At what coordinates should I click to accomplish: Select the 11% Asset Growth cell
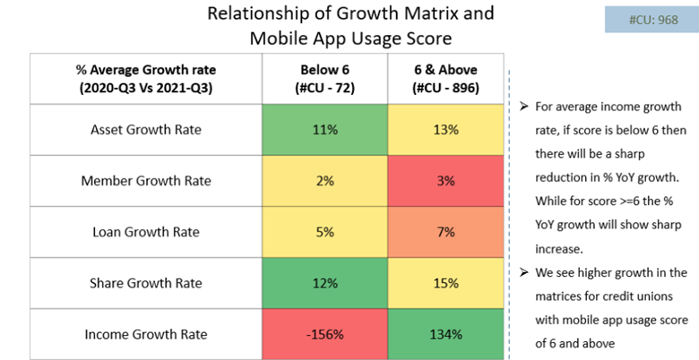click(325, 129)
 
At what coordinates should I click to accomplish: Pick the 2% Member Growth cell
click(325, 180)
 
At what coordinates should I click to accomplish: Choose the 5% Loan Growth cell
click(325, 232)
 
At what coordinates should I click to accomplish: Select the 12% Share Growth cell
click(325, 283)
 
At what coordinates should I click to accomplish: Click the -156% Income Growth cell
click(325, 334)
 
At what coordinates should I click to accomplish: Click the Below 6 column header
click(325, 78)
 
